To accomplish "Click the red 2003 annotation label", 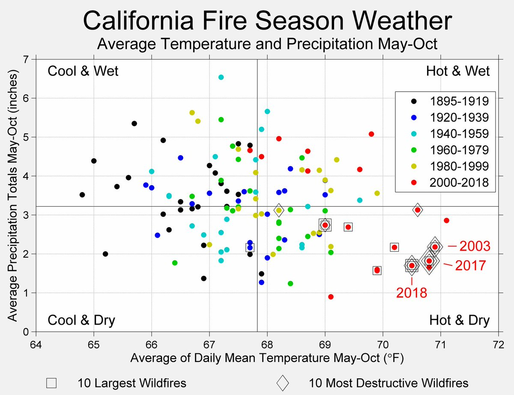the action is click(x=475, y=247).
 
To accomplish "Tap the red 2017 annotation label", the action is click(x=470, y=265).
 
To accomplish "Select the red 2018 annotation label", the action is click(x=412, y=293).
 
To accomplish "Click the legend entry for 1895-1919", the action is click(x=459, y=101).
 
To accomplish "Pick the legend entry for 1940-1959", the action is click(x=459, y=134).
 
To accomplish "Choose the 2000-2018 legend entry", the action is click(x=459, y=183).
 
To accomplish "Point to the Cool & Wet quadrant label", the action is click(x=83, y=71).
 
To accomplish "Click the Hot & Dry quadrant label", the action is click(x=459, y=321).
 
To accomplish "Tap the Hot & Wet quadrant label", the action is click(x=458, y=71).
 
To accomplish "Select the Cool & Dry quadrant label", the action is click(x=81, y=321).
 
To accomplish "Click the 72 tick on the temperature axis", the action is click(x=499, y=345).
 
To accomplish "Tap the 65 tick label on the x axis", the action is click(x=94, y=345).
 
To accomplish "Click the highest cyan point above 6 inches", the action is click(x=221, y=77).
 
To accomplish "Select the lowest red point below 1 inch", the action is click(x=331, y=297).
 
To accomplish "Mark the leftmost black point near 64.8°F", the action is click(x=82, y=195).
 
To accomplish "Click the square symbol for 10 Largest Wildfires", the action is click(x=51, y=383).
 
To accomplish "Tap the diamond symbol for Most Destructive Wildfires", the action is click(x=283, y=383).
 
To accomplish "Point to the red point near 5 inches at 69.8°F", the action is click(x=371, y=134).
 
